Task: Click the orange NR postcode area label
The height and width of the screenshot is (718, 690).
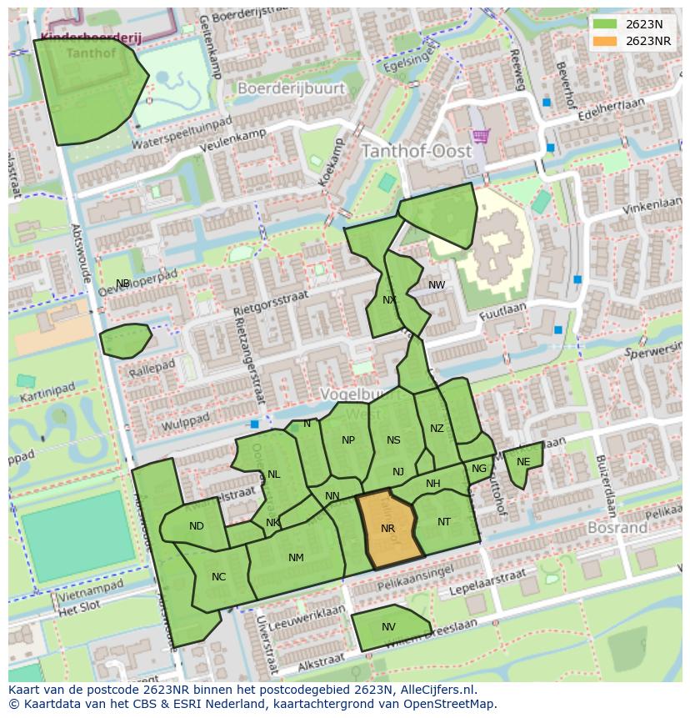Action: (x=387, y=529)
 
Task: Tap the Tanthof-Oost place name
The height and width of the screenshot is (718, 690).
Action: (x=416, y=152)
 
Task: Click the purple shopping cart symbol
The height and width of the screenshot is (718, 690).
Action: (x=480, y=135)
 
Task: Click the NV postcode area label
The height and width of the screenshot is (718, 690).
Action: (x=388, y=627)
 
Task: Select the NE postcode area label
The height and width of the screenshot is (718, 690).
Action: (x=523, y=462)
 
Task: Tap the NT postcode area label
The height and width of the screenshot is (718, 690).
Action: (x=444, y=522)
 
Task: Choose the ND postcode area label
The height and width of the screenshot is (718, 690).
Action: (x=197, y=526)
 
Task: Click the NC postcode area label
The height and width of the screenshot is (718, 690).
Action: (x=218, y=576)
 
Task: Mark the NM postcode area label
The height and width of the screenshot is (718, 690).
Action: (x=296, y=558)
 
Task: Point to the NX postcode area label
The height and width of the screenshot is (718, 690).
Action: (x=389, y=300)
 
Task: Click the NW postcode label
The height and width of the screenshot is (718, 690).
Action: (x=437, y=285)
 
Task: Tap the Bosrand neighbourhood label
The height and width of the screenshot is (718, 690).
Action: (x=617, y=528)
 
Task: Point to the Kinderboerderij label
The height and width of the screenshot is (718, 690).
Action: (x=80, y=38)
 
